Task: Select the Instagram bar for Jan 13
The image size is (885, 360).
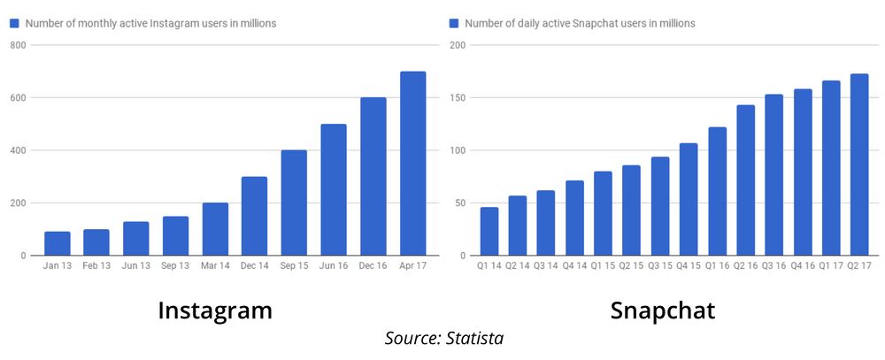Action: [58, 243]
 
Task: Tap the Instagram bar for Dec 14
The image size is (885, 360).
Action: [255, 216]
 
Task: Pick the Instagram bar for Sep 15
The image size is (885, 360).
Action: [294, 203]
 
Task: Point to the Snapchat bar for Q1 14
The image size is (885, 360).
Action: [489, 232]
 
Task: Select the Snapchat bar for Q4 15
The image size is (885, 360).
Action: [689, 199]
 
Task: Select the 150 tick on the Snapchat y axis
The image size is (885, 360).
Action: [458, 97]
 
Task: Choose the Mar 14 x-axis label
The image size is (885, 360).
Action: [215, 266]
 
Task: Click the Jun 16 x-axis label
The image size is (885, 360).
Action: [334, 266]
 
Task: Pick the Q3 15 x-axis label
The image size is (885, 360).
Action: [660, 266]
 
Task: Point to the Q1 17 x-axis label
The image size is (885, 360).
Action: [831, 266]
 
